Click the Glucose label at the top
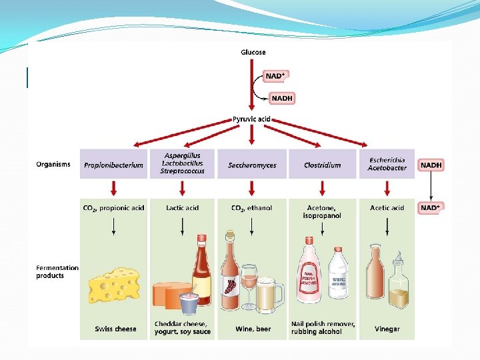pyautogui.click(x=253, y=52)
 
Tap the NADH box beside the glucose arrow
pyautogui.click(x=282, y=99)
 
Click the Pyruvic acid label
pyautogui.click(x=251, y=119)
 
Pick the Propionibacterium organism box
pyautogui.click(x=113, y=165)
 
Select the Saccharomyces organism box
pyautogui.click(x=251, y=165)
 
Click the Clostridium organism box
pyautogui.click(x=322, y=165)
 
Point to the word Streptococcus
pyautogui.click(x=182, y=171)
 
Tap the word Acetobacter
pyautogui.click(x=387, y=168)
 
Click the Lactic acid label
pyautogui.click(x=182, y=208)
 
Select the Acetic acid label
pyautogui.click(x=387, y=208)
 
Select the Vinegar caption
pyautogui.click(x=387, y=329)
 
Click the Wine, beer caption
pyautogui.click(x=253, y=329)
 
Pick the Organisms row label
pyautogui.click(x=53, y=165)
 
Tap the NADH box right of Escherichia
pyautogui.click(x=431, y=165)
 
